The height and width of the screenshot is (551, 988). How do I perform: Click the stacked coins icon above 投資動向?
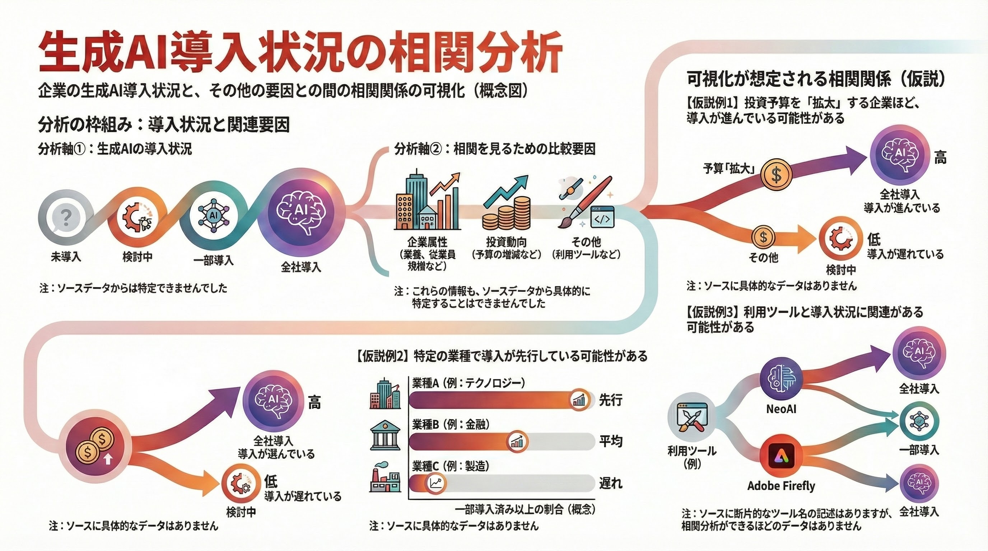[506, 209]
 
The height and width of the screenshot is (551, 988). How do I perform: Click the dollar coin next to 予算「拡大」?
[776, 174]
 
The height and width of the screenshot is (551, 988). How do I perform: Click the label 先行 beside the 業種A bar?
[611, 400]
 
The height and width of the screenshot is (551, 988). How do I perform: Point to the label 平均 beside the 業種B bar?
[611, 442]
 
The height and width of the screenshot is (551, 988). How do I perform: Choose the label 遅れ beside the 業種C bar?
[611, 483]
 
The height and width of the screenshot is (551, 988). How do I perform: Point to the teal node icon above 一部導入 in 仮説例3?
[919, 421]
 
